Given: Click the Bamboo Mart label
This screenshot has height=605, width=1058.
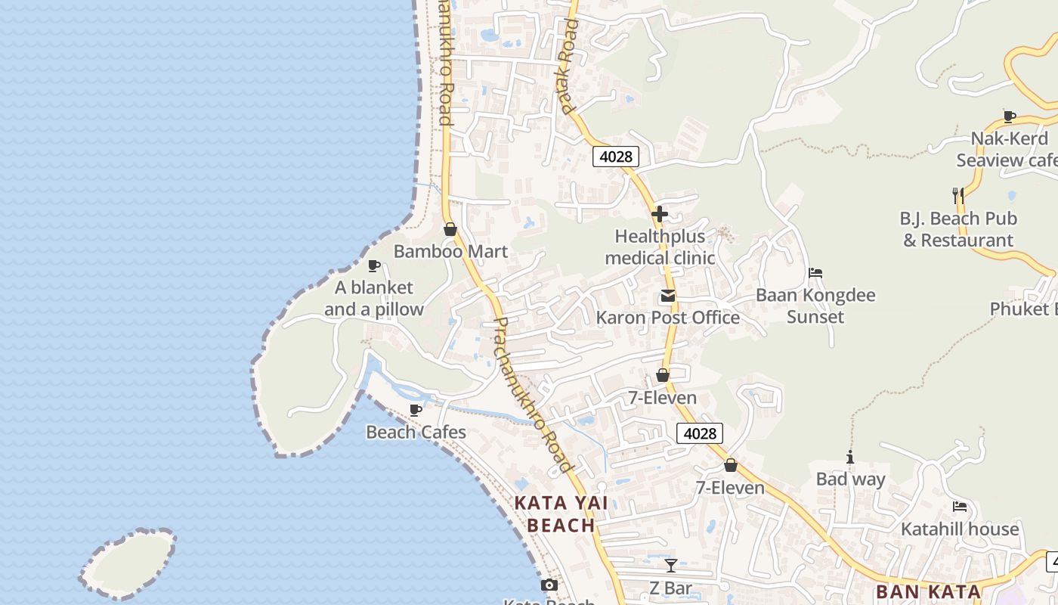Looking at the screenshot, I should (450, 252).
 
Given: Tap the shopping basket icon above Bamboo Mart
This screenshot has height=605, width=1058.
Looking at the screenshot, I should (450, 229).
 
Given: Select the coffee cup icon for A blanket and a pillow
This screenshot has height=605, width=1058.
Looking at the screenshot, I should (373, 265).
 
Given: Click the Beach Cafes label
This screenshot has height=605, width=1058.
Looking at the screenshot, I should (416, 433).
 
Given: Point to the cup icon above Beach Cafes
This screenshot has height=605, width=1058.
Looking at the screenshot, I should (415, 410).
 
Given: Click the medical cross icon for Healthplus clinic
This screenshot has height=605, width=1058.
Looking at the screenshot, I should (659, 214).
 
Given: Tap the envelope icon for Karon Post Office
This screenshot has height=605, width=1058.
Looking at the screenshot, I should (667, 296).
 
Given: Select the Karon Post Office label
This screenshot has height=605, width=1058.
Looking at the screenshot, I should (667, 317).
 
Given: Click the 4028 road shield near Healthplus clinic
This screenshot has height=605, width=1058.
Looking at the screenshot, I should (615, 157).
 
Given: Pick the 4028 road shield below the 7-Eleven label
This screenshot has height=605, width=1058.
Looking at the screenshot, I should (699, 433).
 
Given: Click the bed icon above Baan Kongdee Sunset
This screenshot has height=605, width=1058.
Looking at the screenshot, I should (815, 273).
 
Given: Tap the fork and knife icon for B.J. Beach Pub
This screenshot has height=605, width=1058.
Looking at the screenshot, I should (957, 196).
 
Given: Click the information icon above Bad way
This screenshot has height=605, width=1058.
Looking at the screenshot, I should (850, 458).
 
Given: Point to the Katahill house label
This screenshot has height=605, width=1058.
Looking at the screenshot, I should (960, 529).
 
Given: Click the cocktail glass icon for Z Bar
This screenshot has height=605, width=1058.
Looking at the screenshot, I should (670, 565).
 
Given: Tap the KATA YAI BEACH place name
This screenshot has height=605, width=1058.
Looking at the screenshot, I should (561, 513).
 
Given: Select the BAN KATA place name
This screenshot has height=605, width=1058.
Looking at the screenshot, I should (928, 591).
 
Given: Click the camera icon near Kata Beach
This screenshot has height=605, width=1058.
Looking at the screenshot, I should (549, 585).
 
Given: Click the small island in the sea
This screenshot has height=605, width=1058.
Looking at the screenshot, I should (126, 563).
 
